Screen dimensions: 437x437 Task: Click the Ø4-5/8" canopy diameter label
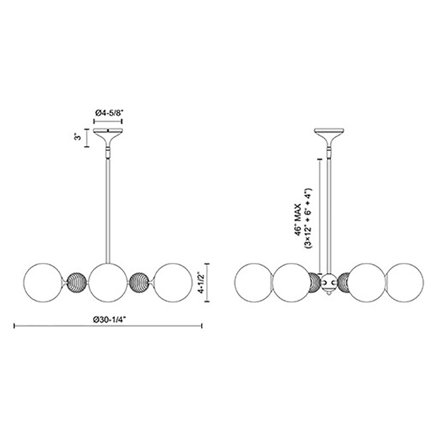click(x=109, y=113)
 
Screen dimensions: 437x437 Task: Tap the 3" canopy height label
click(x=78, y=137)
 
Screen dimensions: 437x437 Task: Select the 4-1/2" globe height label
click(x=201, y=282)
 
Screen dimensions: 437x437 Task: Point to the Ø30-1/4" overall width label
click(x=110, y=320)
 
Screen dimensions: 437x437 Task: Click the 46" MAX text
click(x=298, y=220)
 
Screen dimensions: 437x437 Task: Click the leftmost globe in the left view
click(x=43, y=282)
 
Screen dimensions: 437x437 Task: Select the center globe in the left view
click(x=109, y=282)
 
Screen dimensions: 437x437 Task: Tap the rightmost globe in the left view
click(x=173, y=282)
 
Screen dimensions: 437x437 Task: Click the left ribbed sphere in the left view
click(x=76, y=282)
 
